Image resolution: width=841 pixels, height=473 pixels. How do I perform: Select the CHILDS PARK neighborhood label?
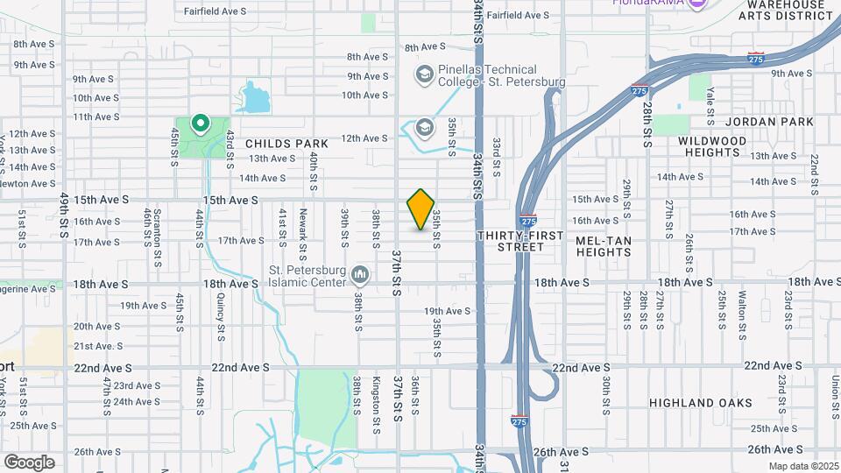pyautogui.click(x=286, y=144)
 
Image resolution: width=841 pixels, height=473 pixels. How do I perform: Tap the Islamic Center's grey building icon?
pyautogui.click(x=359, y=277)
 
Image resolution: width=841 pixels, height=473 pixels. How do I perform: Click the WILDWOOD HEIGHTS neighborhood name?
pyautogui.click(x=712, y=146)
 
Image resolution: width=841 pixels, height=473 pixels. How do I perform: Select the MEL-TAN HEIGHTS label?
pyautogui.click(x=604, y=246)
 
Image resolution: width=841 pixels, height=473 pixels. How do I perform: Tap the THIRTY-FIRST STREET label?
pyautogui.click(x=511, y=242)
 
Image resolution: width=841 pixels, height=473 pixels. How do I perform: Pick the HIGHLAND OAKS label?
pyautogui.click(x=701, y=403)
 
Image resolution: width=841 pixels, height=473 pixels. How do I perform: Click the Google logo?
pyautogui.click(x=29, y=462)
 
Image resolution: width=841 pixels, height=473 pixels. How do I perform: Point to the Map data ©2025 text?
pyautogui.click(x=803, y=466)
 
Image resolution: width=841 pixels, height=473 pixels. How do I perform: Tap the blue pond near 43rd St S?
pyautogui.click(x=255, y=98)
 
